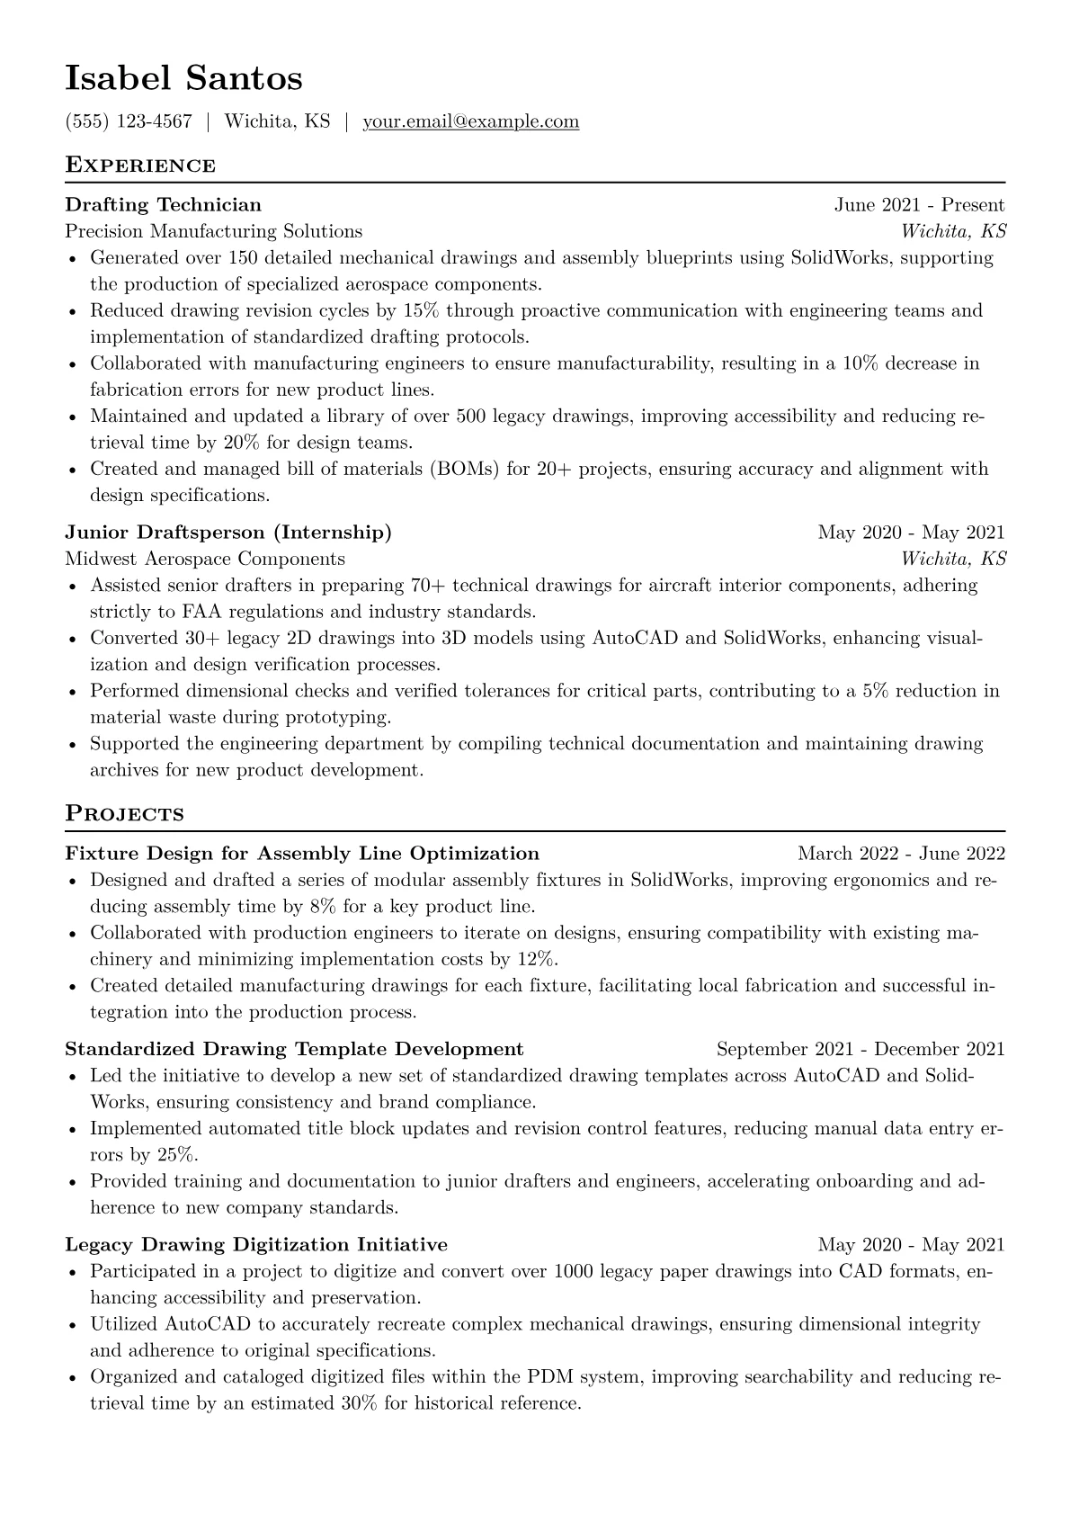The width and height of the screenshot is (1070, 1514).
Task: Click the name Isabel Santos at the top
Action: tap(183, 79)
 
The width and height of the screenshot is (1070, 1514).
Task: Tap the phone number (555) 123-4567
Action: tap(129, 121)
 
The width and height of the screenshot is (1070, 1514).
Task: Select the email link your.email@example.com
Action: tap(470, 121)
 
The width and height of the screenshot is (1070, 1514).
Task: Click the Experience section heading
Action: tap(140, 166)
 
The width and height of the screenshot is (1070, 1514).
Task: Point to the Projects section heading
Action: tap(124, 814)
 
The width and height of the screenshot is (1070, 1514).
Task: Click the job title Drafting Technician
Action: tap(163, 205)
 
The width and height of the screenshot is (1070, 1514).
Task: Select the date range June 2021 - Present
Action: tap(919, 205)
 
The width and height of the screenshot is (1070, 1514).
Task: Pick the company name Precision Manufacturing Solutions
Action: tap(213, 231)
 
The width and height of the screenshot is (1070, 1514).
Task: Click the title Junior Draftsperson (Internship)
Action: tap(228, 533)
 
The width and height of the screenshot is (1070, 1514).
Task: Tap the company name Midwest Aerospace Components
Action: tap(205, 559)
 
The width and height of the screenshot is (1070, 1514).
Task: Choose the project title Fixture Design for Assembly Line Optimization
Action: tap(302, 854)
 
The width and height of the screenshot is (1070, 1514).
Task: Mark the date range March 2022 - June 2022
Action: tap(901, 854)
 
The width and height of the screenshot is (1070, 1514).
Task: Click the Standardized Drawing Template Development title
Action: tap(294, 1049)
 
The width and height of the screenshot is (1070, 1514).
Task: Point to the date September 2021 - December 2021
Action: tap(860, 1049)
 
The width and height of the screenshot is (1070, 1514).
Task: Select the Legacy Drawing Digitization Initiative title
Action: tap(256, 1245)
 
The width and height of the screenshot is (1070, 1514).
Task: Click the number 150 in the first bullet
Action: tap(243, 258)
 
